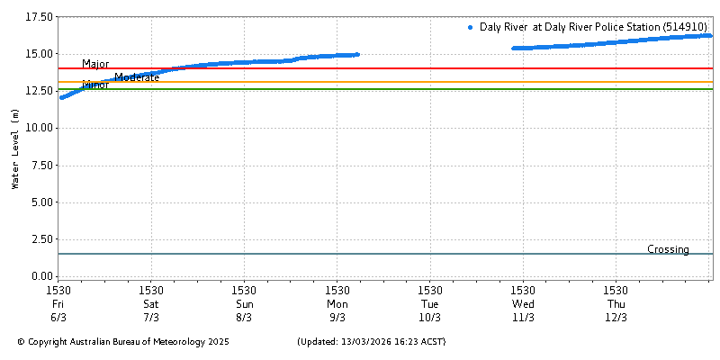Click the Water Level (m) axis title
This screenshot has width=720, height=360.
14,148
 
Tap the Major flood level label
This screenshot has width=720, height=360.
95,64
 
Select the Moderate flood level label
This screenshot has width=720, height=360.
137,77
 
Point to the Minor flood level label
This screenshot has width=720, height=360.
95,85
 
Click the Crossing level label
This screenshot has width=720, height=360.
668,249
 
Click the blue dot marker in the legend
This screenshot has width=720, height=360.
471,28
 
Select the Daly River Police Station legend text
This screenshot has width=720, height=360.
593,28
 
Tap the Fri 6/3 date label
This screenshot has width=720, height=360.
58,310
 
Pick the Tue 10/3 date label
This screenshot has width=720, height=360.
430,310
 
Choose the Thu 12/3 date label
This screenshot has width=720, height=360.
616,310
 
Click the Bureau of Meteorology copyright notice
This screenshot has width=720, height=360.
123,342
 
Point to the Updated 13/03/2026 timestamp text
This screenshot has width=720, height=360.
371,342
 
